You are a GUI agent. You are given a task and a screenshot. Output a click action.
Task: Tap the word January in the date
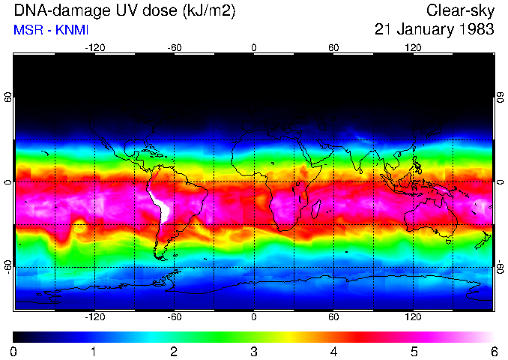(425, 30)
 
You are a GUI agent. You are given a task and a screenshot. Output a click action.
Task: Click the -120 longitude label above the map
(94, 48)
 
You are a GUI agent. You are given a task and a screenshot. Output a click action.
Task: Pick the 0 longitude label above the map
(254, 48)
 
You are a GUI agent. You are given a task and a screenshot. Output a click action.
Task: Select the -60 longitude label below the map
(174, 317)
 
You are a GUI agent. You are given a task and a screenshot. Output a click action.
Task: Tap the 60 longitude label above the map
(333, 48)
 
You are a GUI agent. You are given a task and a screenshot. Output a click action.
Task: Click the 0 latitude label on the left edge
(7, 182)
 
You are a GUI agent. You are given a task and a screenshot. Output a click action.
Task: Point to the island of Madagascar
(317, 209)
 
